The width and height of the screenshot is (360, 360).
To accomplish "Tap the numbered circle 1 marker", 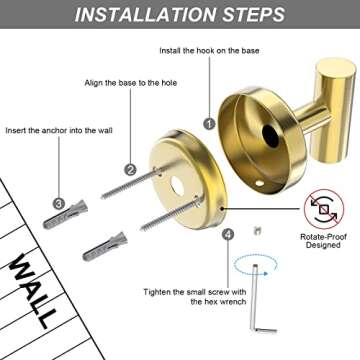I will tap(209, 123).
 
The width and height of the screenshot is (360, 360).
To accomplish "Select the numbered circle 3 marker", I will tap(59, 203).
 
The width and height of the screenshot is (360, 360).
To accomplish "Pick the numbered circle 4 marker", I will tap(228, 234).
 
